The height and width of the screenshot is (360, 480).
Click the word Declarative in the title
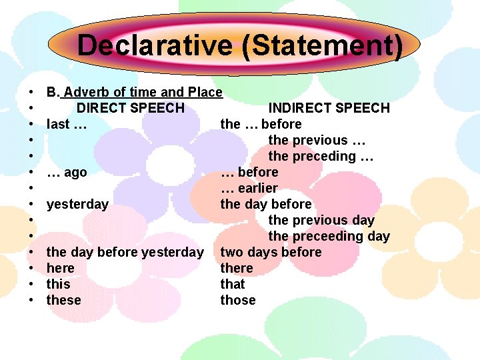point(154,46)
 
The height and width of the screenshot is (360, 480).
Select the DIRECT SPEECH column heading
point(130,108)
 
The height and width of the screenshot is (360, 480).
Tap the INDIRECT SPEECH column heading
point(329,108)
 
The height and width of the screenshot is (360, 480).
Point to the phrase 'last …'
point(67,124)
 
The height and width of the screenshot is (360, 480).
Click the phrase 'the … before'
point(261,124)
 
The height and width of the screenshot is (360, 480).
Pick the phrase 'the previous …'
point(317,140)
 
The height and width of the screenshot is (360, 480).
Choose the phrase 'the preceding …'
point(321,156)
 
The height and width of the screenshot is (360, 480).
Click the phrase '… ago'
point(67,172)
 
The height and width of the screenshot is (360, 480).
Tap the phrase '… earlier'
point(249,188)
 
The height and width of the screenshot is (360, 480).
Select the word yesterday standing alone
point(77,204)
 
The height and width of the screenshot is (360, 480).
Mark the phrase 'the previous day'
point(321,220)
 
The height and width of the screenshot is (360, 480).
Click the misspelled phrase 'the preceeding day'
point(329,236)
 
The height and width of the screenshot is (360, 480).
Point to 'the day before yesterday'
point(125,252)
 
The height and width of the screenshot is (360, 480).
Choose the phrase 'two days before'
point(271,252)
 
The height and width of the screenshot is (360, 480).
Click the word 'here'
point(60,268)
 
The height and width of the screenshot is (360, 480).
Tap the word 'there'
point(237,268)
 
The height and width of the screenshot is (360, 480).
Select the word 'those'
point(238,300)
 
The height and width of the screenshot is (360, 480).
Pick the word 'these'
point(63,300)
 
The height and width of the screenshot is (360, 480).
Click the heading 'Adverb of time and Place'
point(143,92)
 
